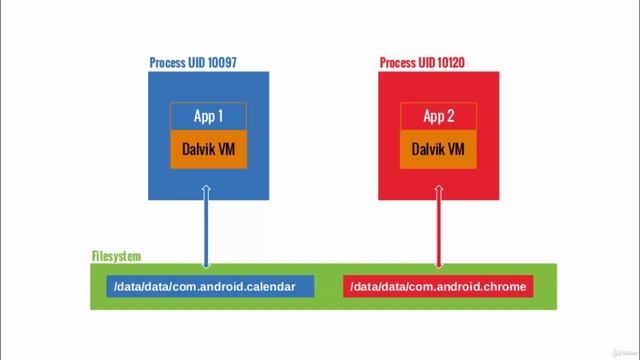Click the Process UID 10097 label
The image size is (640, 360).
click(x=193, y=63)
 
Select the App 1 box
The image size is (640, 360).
click(x=208, y=116)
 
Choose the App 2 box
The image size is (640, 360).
click(x=439, y=116)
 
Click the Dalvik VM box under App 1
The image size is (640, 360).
click(x=208, y=149)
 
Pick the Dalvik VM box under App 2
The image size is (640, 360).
click(x=439, y=149)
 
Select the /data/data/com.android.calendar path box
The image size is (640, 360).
click(x=209, y=287)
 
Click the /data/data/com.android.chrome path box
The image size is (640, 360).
click(x=437, y=287)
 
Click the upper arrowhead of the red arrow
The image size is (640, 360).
click(x=437, y=191)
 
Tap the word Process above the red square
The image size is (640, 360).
click(x=398, y=63)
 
